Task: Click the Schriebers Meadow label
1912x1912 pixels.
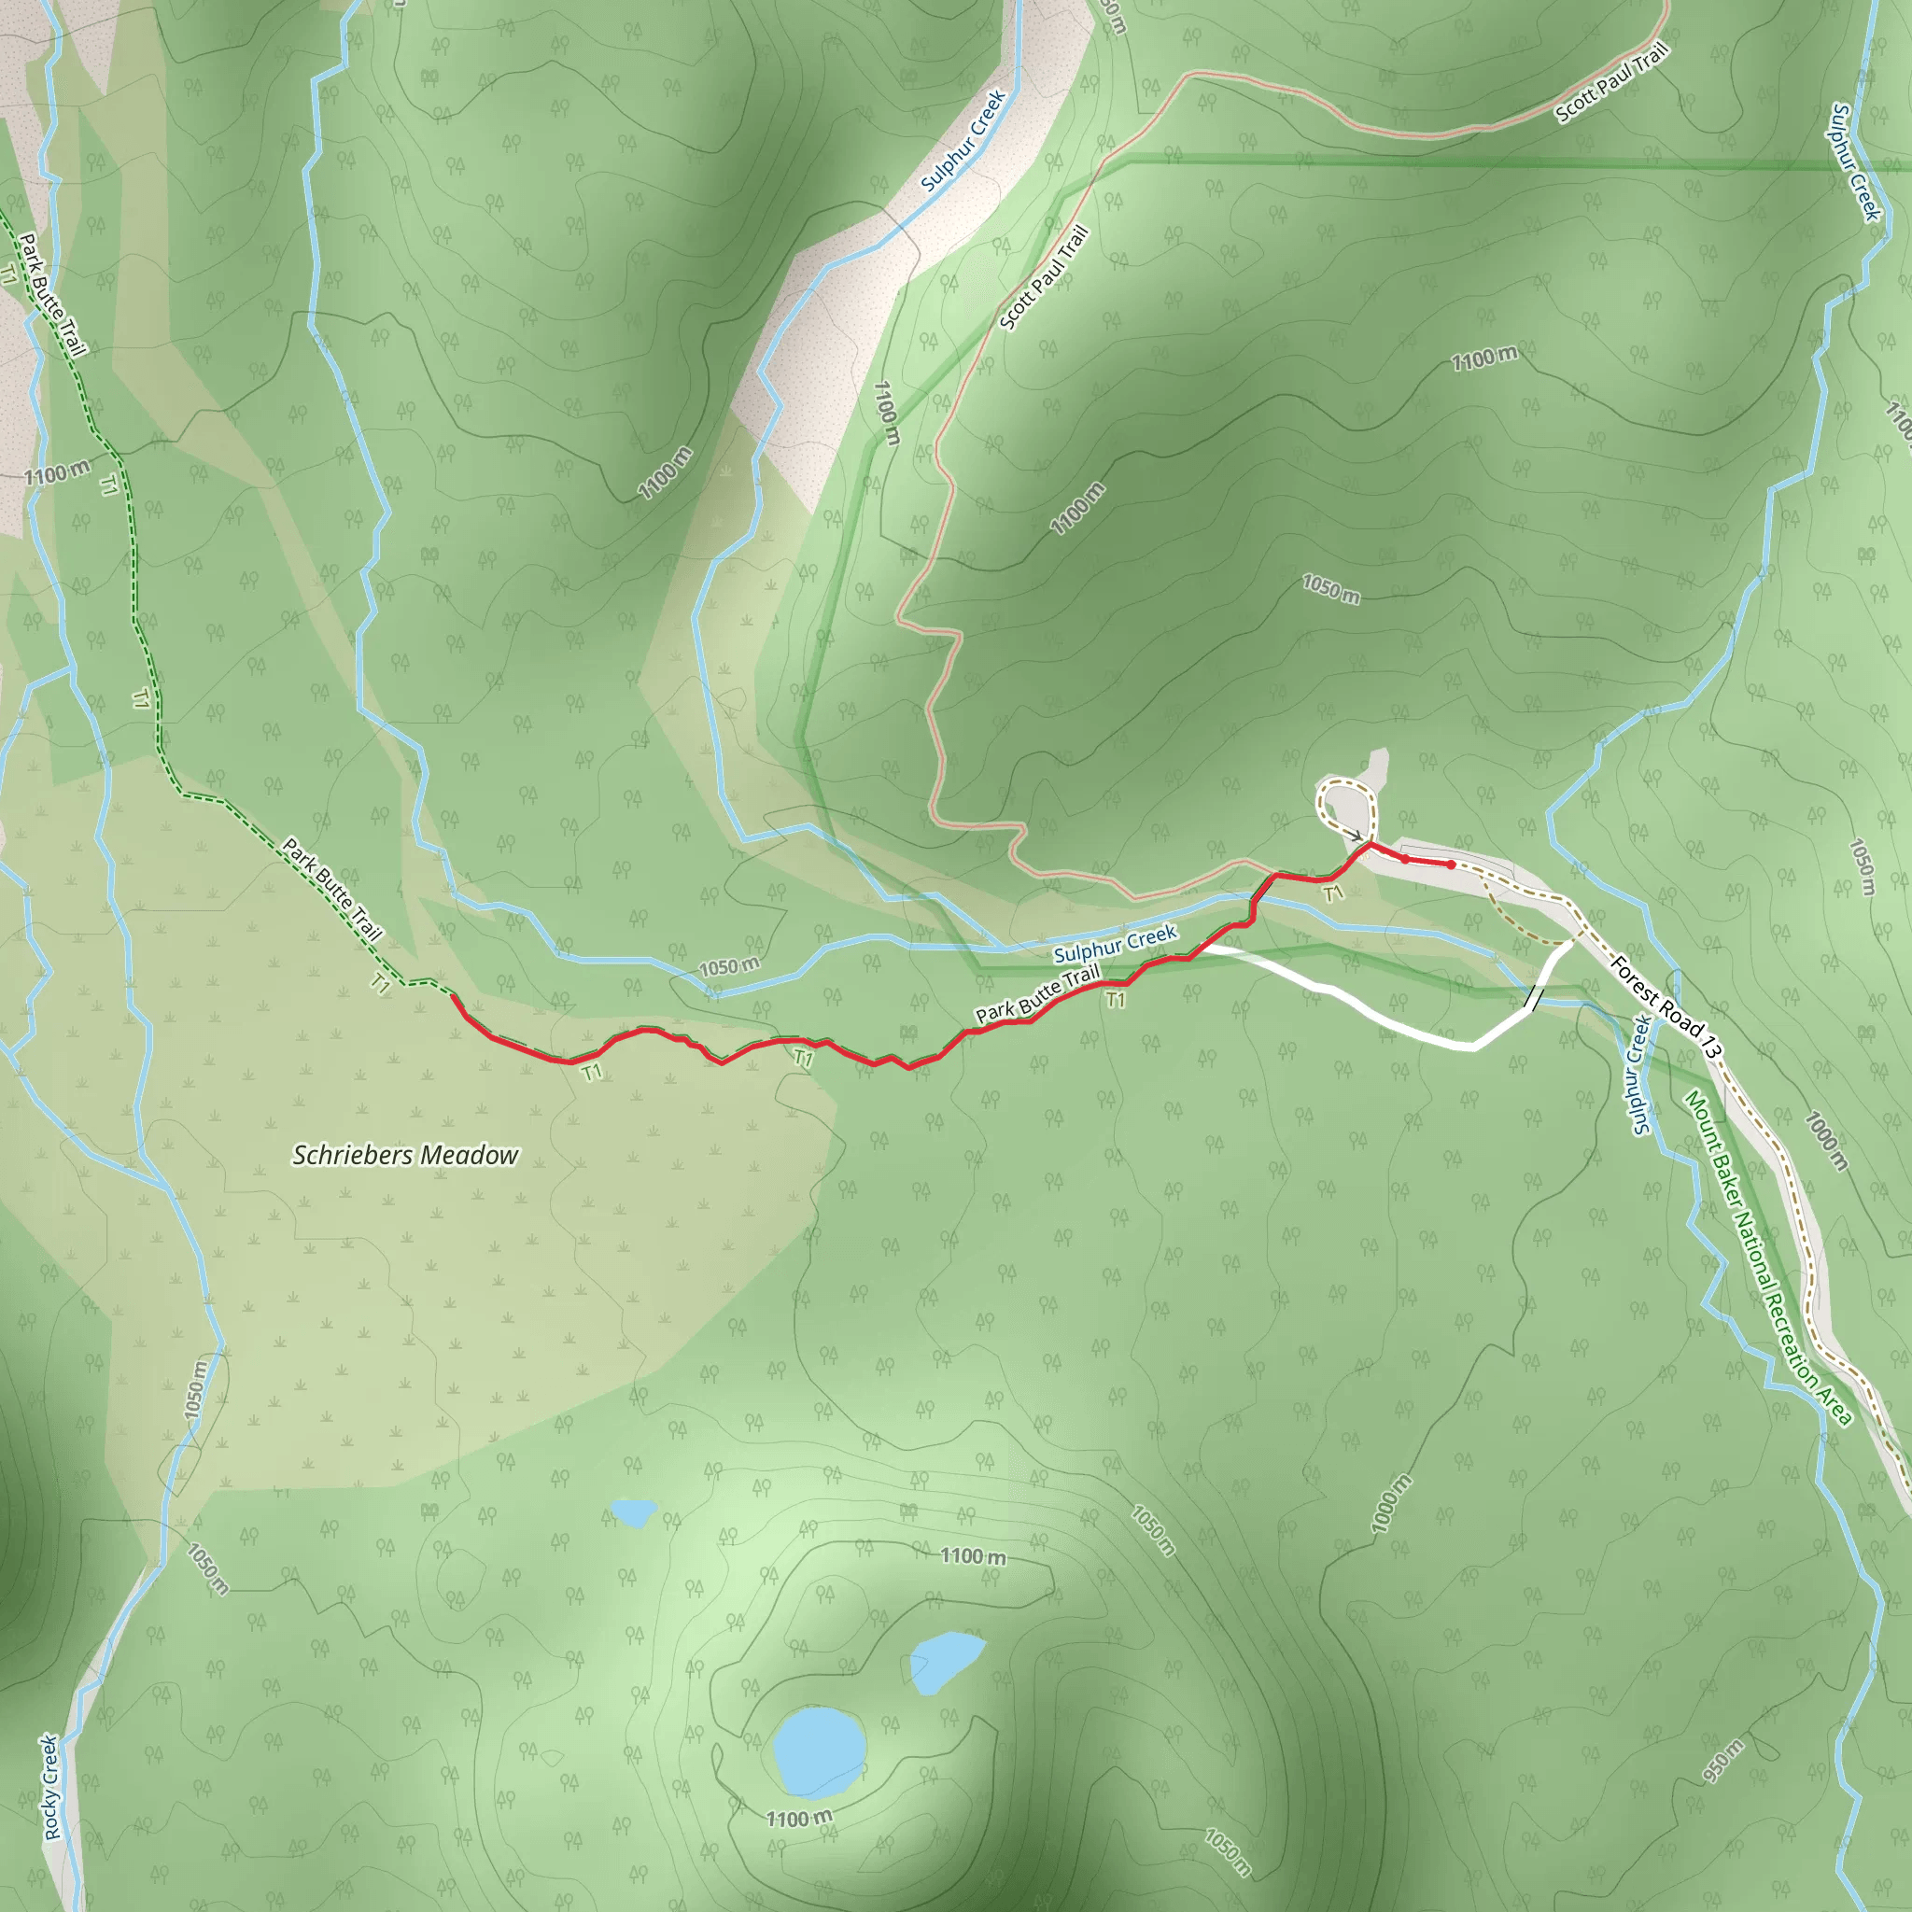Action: point(405,1155)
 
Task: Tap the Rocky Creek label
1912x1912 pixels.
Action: point(51,1787)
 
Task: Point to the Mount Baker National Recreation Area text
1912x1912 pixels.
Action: point(1766,1258)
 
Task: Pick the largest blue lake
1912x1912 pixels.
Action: point(819,1750)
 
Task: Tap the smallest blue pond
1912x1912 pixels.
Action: point(632,1511)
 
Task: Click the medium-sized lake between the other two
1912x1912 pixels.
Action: point(945,1661)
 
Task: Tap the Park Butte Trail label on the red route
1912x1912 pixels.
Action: point(1037,994)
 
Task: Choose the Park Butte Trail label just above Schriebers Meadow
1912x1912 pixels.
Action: point(331,889)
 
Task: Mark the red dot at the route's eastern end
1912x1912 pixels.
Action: point(1451,865)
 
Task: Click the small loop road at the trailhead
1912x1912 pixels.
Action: point(1346,808)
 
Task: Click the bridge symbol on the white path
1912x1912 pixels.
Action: point(1532,999)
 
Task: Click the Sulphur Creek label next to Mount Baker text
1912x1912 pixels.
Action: point(1642,1075)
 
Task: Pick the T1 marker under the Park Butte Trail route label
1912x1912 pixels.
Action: point(1116,1001)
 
